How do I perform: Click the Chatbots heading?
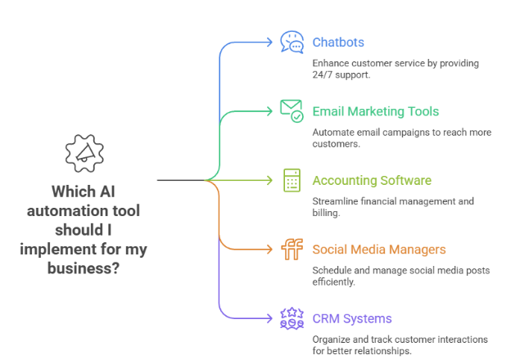click(x=338, y=42)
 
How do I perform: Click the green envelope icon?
click(x=291, y=110)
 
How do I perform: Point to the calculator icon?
click(x=292, y=180)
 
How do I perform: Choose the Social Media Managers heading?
click(x=379, y=249)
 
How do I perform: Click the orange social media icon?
click(x=291, y=249)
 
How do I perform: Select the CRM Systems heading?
click(x=351, y=317)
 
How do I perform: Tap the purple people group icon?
click(x=291, y=317)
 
